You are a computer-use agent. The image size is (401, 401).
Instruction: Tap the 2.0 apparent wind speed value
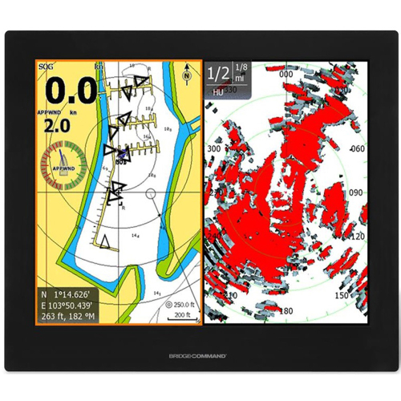pyautogui.click(x=56, y=126)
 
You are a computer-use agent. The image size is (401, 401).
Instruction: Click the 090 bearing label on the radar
pyautogui.click(x=354, y=193)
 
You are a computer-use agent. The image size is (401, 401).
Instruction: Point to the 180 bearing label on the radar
pyautogui.click(x=286, y=310)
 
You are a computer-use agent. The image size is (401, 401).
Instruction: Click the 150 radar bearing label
pyautogui.click(x=342, y=296)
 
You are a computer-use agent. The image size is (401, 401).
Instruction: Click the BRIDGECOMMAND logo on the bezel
pyautogui.click(x=200, y=354)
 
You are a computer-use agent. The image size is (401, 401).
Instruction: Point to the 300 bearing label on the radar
pyautogui.click(x=213, y=149)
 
